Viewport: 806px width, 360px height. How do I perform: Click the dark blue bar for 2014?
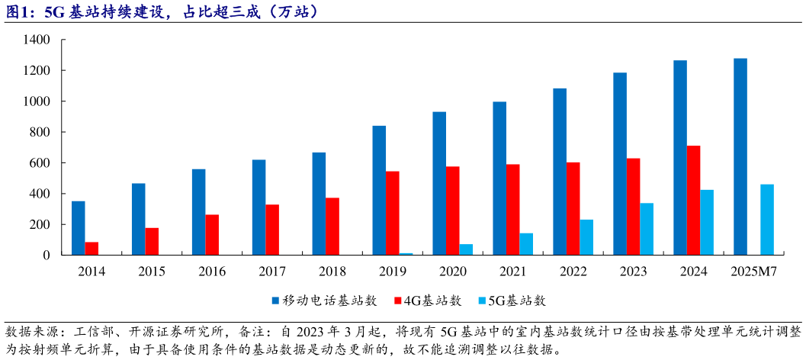(x=78, y=227)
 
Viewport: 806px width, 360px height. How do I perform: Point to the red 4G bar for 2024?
(x=693, y=200)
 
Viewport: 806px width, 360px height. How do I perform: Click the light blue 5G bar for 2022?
(x=586, y=236)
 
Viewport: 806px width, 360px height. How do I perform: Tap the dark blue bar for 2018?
(x=319, y=204)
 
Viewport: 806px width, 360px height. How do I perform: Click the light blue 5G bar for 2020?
(x=466, y=249)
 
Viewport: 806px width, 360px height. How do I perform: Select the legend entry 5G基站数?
(x=518, y=301)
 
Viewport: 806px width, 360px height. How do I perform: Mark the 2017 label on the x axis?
(x=272, y=272)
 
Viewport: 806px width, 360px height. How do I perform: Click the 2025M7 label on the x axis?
(x=753, y=272)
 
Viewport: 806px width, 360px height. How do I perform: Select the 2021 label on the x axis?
(x=512, y=272)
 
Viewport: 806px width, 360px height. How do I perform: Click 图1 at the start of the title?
(x=16, y=11)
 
